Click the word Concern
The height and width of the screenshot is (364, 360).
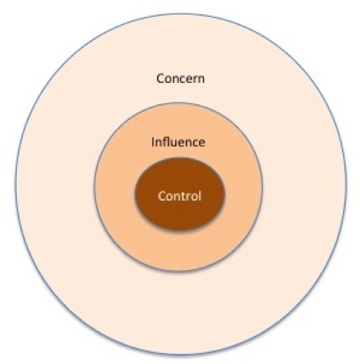click(x=180, y=79)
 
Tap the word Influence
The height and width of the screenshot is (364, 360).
click(x=178, y=142)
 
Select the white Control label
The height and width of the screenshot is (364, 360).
click(x=180, y=196)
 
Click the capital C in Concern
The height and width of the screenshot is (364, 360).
click(x=160, y=79)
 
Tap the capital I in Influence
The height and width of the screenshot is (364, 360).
click(x=152, y=142)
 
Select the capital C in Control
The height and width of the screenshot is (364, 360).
click(x=162, y=196)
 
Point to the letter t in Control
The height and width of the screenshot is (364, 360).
click(x=186, y=196)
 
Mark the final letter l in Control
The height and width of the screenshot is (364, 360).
click(x=200, y=196)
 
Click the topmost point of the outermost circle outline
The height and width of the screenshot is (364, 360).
click(x=180, y=14)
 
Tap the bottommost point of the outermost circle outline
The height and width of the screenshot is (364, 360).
click(x=180, y=355)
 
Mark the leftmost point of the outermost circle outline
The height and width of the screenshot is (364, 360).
click(x=15, y=184)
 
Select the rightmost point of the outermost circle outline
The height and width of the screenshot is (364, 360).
click(x=346, y=184)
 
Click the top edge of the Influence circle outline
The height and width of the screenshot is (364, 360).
click(x=179, y=102)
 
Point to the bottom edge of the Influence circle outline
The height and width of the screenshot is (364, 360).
click(x=179, y=272)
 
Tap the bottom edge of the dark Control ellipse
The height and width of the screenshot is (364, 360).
click(x=180, y=230)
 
